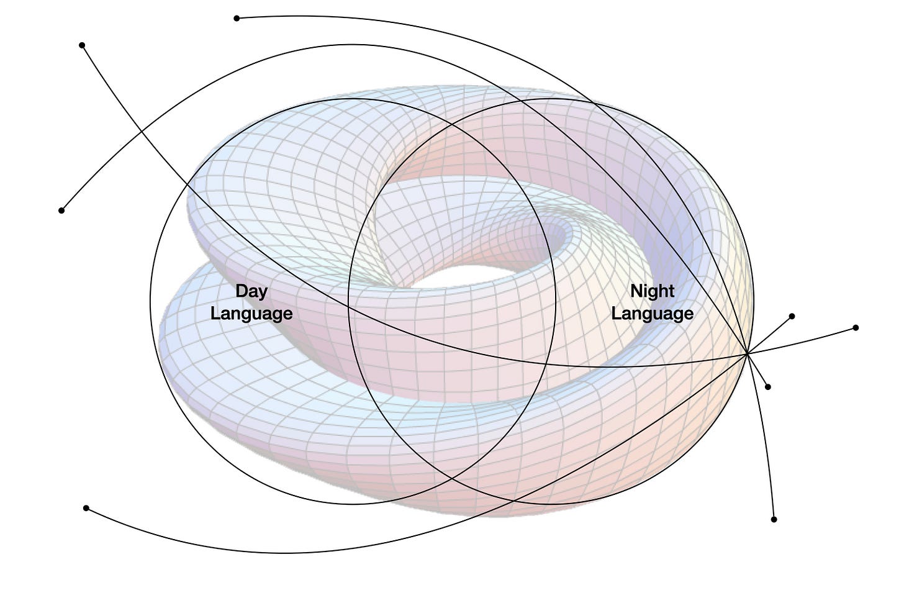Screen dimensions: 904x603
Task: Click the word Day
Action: [251, 291]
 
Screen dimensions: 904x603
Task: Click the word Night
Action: [652, 291]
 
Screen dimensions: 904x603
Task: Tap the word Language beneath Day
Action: [251, 313]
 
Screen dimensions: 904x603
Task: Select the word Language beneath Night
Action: [652, 313]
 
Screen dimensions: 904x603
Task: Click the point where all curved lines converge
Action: [748, 354]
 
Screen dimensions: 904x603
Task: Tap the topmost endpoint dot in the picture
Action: [237, 18]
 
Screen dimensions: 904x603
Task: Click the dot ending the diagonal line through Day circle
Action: [82, 45]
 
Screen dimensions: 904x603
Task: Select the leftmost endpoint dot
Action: [61, 211]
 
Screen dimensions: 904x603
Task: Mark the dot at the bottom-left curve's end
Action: [86, 508]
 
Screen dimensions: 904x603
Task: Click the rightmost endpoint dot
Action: [856, 327]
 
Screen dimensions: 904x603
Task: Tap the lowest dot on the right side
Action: [774, 519]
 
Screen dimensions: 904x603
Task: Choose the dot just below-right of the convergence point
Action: [768, 387]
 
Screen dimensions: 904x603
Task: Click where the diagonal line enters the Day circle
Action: [188, 182]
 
